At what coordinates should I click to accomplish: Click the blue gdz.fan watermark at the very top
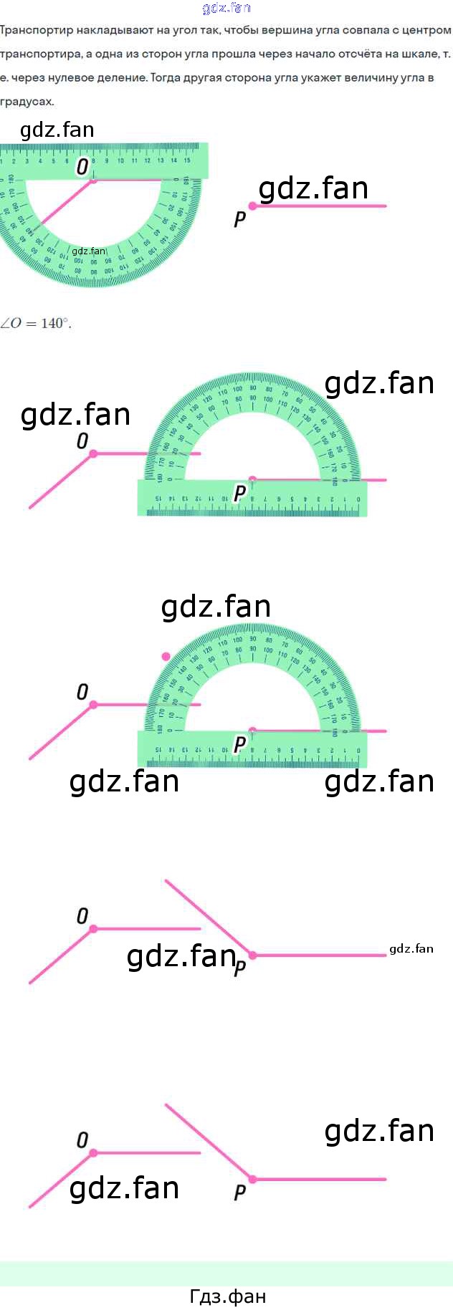[226, 8]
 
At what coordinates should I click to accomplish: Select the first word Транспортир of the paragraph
[32, 31]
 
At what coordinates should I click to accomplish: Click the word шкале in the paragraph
[418, 54]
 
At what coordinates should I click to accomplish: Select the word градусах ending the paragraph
[27, 102]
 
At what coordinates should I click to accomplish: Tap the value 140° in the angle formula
[56, 323]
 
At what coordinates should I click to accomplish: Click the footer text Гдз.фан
[227, 1296]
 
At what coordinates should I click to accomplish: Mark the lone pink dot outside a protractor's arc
[166, 656]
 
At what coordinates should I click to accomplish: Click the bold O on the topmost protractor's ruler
[82, 167]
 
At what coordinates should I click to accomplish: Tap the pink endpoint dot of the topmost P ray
[252, 206]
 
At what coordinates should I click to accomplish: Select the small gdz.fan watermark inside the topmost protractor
[89, 251]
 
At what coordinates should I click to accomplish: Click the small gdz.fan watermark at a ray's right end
[411, 949]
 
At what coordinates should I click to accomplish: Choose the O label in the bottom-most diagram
[82, 1140]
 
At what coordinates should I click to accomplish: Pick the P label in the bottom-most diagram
[240, 1193]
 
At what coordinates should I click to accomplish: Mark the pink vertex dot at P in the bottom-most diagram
[252, 1179]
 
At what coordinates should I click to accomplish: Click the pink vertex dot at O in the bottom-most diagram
[93, 1153]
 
